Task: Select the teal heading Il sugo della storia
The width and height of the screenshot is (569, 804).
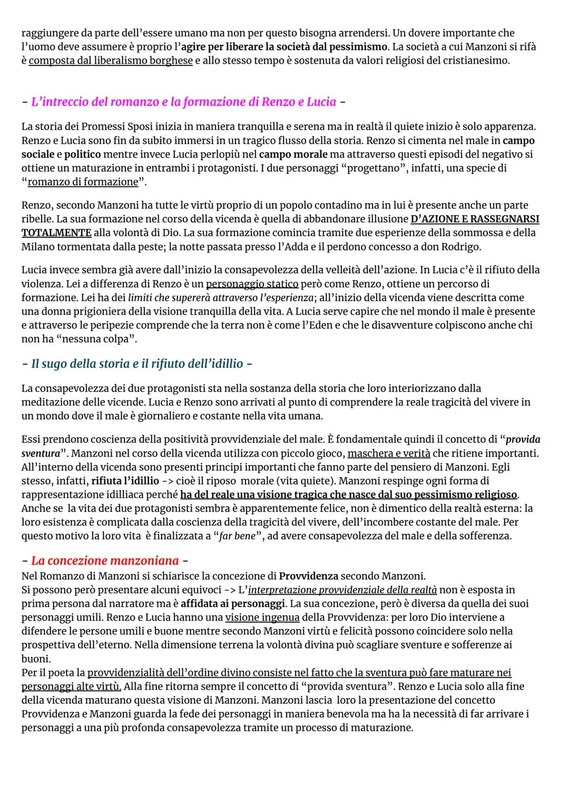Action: pos(137,364)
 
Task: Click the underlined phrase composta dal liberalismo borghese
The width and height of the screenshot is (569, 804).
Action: pos(111,61)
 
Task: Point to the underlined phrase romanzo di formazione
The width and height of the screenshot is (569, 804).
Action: pos(83,182)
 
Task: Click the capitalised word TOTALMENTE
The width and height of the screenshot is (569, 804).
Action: pos(56,233)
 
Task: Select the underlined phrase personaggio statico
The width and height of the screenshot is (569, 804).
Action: pos(252,284)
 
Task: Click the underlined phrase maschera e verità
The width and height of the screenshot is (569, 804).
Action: pos(389,453)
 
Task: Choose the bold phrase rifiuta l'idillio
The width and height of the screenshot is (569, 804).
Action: pos(125,481)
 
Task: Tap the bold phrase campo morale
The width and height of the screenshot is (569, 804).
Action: pos(293,154)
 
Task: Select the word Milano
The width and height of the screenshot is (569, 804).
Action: pos(37,247)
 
